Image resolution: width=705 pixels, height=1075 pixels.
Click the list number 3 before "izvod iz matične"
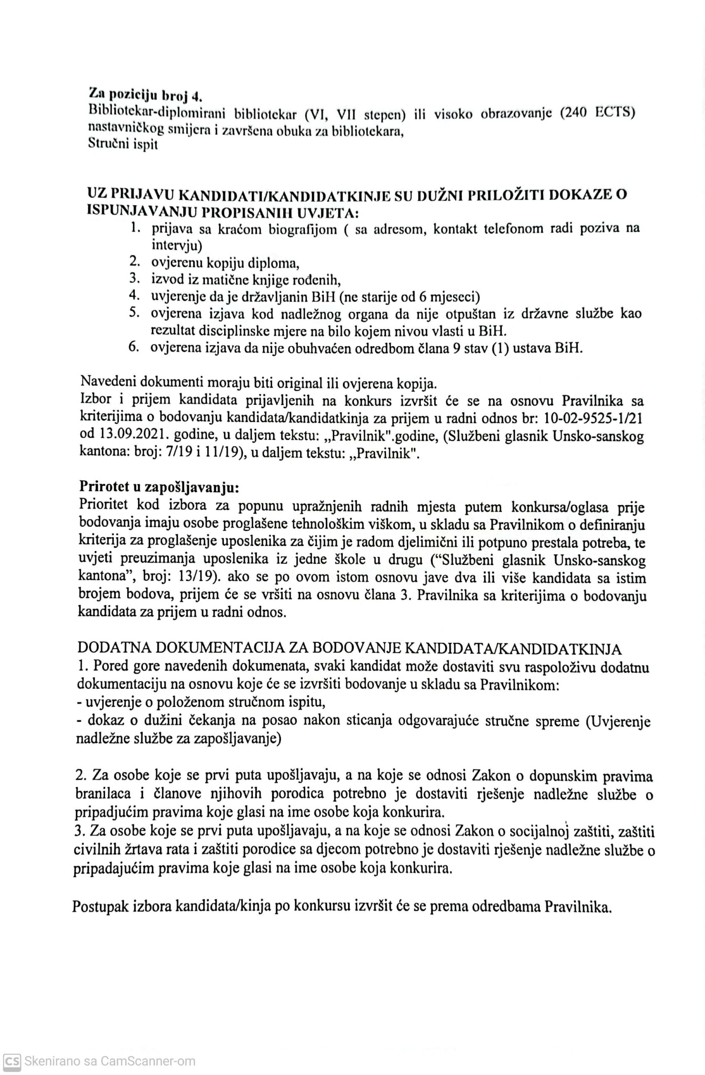pos(133,279)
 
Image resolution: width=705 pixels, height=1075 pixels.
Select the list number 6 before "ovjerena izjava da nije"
pos(133,348)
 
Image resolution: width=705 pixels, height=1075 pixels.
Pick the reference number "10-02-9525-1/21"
pos(594,419)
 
